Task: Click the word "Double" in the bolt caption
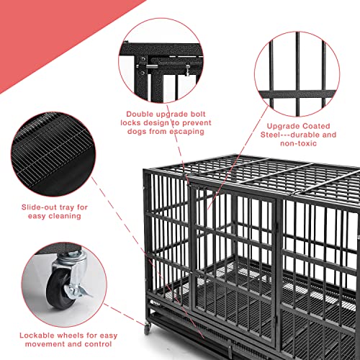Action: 142,114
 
